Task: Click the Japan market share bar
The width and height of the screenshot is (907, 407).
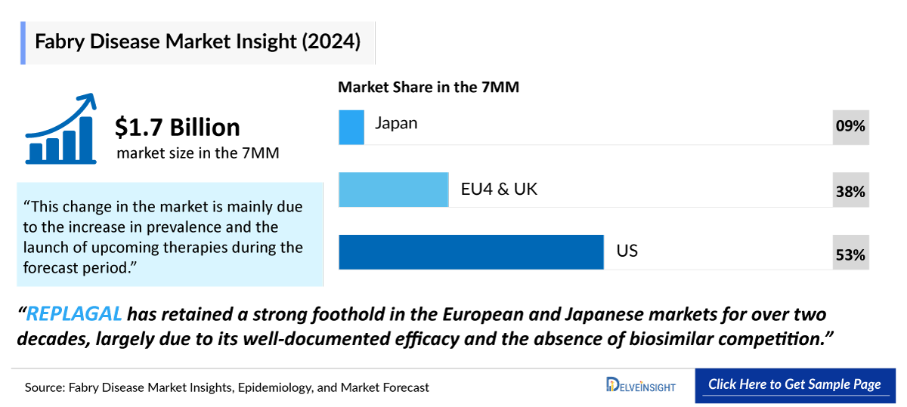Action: tap(351, 127)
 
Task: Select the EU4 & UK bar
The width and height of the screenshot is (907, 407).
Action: tap(394, 190)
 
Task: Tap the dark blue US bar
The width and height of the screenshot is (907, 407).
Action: tap(471, 252)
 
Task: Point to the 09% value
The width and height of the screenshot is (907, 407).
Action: tap(850, 127)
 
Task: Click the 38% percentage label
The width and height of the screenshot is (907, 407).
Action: tap(850, 192)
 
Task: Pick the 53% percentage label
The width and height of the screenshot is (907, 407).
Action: tap(850, 255)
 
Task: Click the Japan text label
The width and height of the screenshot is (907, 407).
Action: tap(396, 123)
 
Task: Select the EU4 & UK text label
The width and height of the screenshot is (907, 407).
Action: tap(499, 189)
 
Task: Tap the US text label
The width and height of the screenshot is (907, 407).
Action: tap(627, 251)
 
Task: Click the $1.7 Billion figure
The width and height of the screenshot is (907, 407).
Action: tap(178, 127)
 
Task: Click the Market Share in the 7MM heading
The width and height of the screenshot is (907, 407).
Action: tap(429, 87)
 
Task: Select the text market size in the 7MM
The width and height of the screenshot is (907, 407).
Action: tap(198, 153)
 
